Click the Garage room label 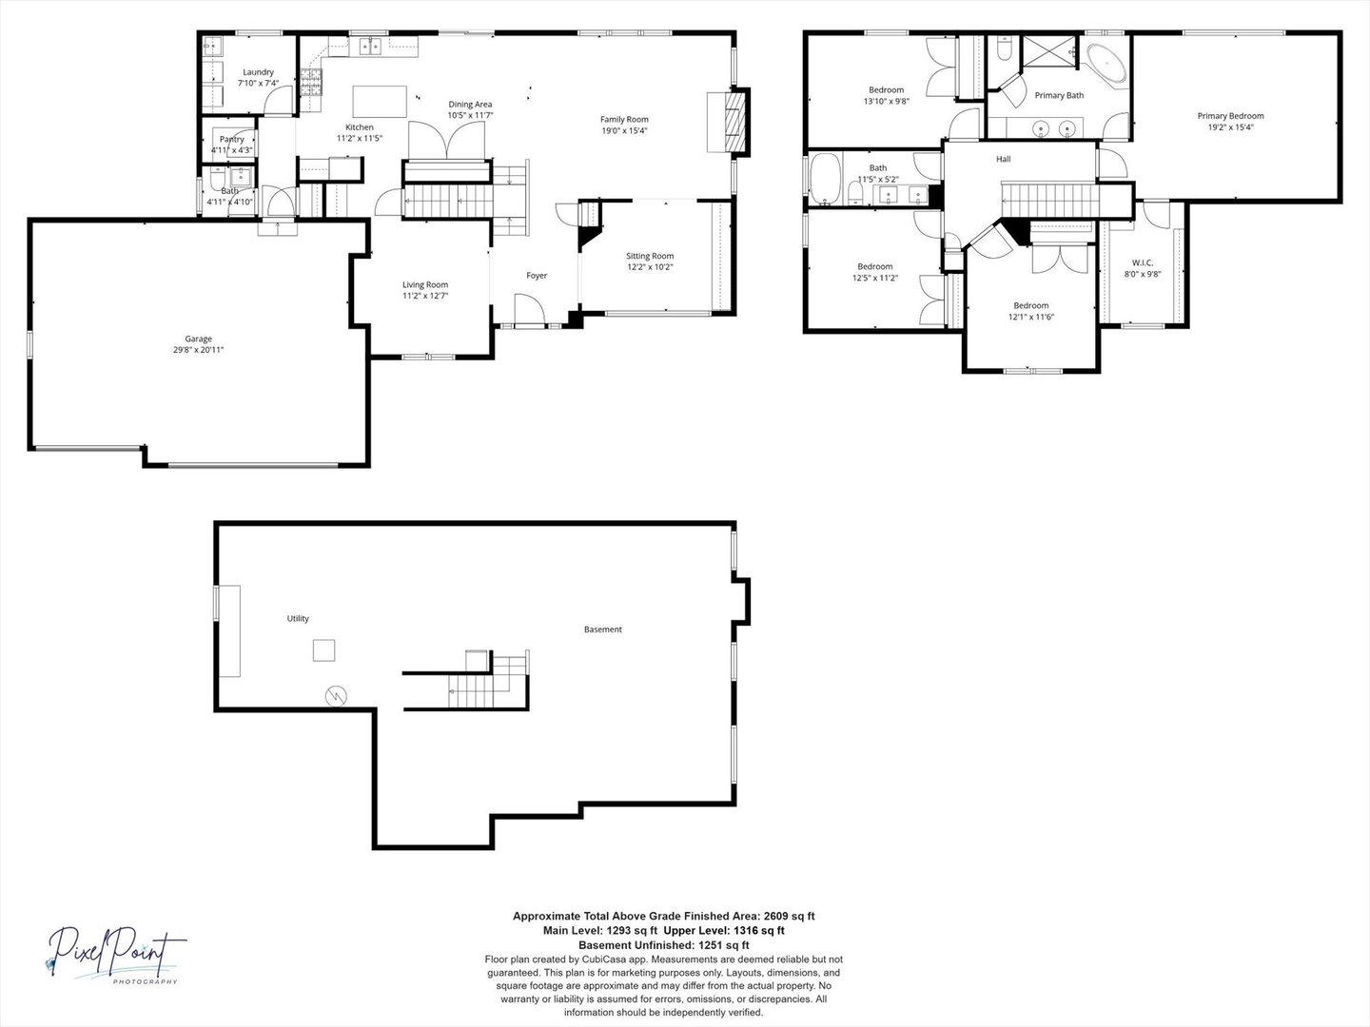[199, 339]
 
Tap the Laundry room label [259, 72]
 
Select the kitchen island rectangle [380, 102]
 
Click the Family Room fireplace [734, 122]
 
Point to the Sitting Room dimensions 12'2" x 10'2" [650, 267]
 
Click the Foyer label [537, 275]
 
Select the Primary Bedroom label [1230, 116]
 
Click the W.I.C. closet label [1143, 262]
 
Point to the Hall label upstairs [1003, 159]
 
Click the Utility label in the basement [298, 618]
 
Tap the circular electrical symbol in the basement [337, 695]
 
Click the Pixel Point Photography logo [115, 955]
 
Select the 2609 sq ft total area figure [793, 916]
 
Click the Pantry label [231, 139]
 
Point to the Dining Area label [470, 105]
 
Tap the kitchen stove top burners [311, 82]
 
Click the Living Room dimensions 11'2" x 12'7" [425, 296]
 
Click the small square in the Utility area [323, 650]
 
